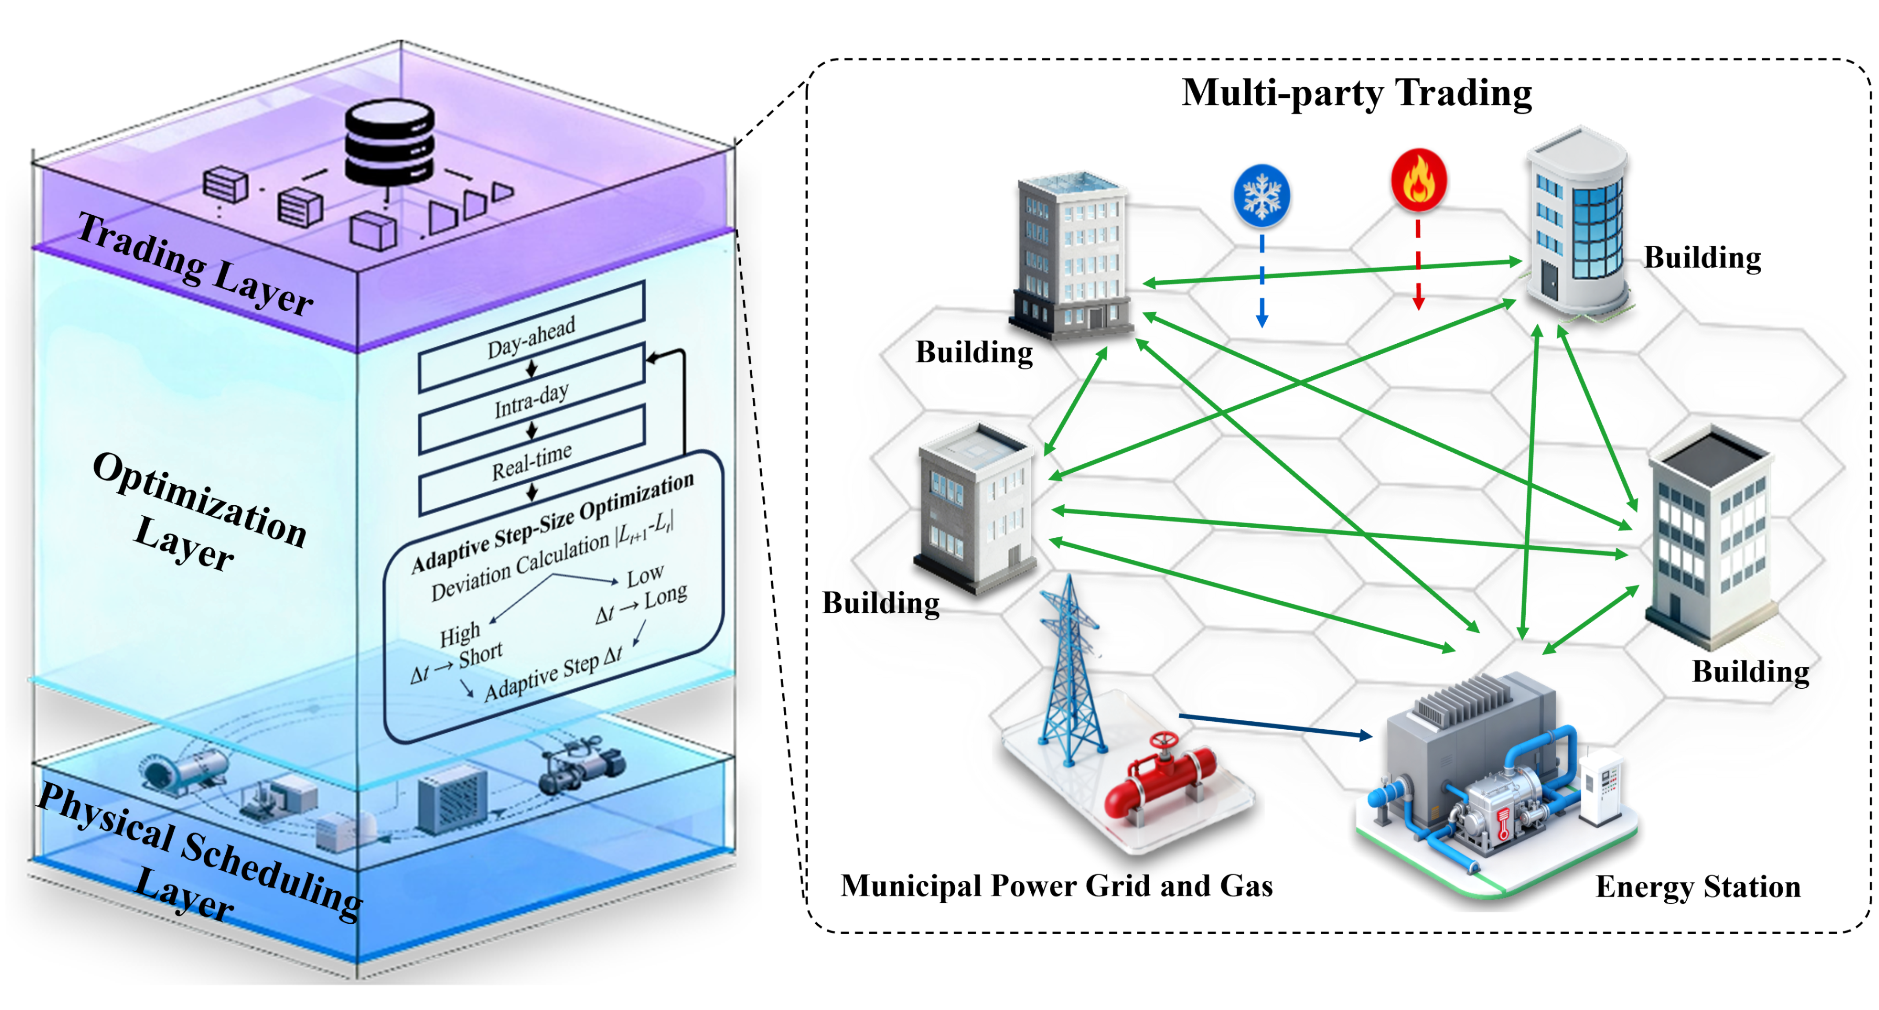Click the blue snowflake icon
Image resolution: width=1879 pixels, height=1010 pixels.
[1261, 195]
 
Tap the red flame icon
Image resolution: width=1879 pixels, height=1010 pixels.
[1419, 180]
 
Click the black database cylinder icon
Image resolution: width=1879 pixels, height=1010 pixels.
[389, 142]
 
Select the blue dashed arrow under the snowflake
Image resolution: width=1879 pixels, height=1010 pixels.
[1262, 281]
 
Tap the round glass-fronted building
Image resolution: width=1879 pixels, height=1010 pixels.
[1579, 226]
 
